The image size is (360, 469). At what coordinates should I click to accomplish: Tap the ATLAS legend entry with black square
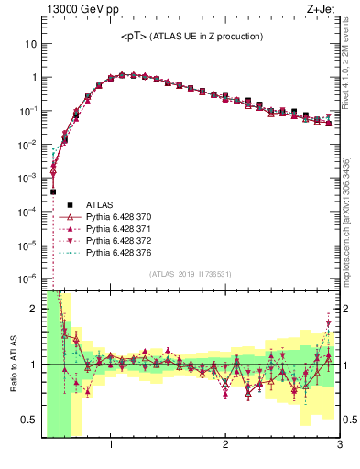[x=101, y=204]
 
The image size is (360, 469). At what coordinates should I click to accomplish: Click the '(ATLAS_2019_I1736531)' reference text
[x=191, y=274]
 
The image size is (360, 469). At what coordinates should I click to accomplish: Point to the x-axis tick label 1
[x=111, y=446]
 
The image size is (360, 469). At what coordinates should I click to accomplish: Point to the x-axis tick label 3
[x=339, y=446]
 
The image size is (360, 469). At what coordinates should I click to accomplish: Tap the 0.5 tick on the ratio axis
[x=30, y=420]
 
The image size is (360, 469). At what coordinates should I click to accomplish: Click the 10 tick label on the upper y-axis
[x=30, y=44]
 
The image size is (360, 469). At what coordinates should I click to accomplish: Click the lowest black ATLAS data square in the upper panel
[x=53, y=191]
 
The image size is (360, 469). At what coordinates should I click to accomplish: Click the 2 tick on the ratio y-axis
[x=34, y=309]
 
